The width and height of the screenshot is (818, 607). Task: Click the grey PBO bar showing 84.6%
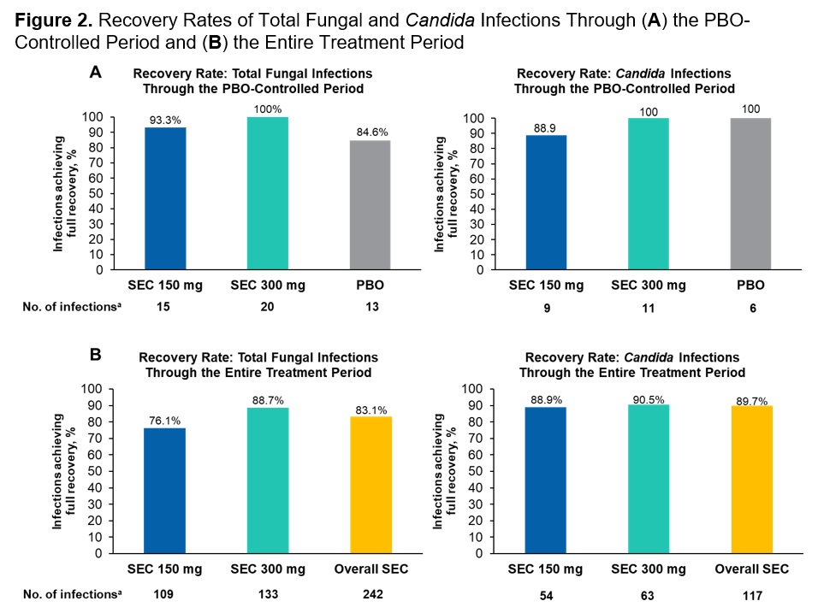[x=369, y=205]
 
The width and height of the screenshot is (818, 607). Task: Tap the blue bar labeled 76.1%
[x=164, y=490]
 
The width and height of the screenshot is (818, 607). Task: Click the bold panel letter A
[x=98, y=75]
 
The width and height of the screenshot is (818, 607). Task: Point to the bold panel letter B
[x=98, y=352]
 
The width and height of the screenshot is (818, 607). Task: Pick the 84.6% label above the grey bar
[x=369, y=133]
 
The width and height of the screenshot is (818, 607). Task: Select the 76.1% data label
[x=164, y=420]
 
